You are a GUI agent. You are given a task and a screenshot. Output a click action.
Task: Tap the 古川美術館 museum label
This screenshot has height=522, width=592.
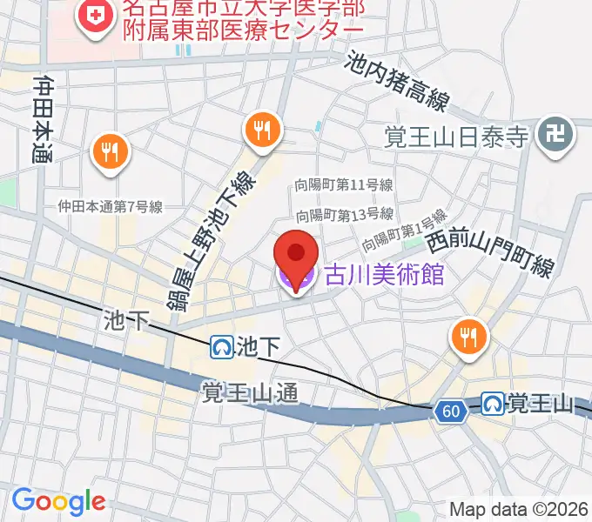point(384,277)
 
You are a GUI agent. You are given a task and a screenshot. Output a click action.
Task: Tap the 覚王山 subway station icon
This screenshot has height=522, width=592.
point(494,404)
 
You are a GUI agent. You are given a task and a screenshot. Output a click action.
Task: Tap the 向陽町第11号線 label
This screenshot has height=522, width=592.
point(344,185)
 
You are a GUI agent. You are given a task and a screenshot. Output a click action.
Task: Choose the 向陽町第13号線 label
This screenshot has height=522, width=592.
point(344,214)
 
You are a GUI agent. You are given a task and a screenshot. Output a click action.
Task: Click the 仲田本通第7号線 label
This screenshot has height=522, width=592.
point(111,207)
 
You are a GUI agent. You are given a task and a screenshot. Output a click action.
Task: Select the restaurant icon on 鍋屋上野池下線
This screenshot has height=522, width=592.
point(262,130)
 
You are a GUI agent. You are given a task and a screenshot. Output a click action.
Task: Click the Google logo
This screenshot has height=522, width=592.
point(58,501)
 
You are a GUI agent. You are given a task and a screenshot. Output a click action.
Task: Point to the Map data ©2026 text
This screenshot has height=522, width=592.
point(519,510)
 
